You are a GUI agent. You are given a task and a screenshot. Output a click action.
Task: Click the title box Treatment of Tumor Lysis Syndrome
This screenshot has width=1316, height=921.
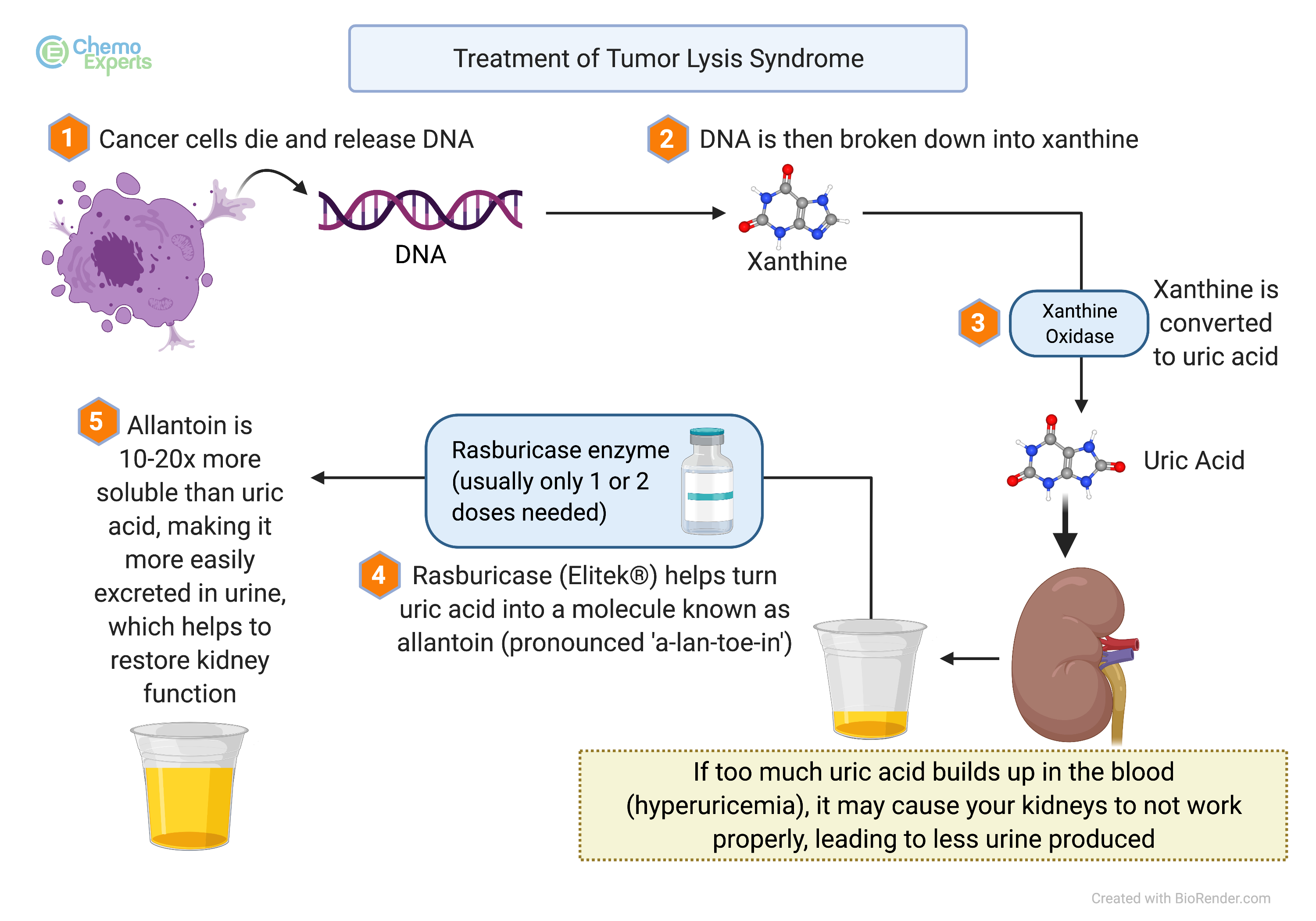pyautogui.click(x=658, y=58)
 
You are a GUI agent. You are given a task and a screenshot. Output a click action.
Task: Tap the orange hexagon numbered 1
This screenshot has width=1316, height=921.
pyautogui.click(x=68, y=138)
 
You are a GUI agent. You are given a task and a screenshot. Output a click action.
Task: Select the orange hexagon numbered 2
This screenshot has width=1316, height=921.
pyautogui.click(x=667, y=139)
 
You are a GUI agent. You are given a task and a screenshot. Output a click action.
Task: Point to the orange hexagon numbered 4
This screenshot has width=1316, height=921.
pyautogui.click(x=379, y=575)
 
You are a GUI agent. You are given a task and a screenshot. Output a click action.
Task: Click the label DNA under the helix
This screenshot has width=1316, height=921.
pyautogui.click(x=420, y=254)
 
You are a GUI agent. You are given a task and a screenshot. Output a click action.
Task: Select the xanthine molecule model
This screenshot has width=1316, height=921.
pyautogui.click(x=794, y=209)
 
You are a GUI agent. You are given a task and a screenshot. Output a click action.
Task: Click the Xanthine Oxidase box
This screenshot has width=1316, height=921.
pyautogui.click(x=1079, y=324)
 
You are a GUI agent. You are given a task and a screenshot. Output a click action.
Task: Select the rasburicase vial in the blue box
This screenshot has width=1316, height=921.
pyautogui.click(x=707, y=482)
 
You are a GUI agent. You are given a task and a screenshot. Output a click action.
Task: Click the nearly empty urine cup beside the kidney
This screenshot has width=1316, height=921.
pyautogui.click(x=870, y=679)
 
